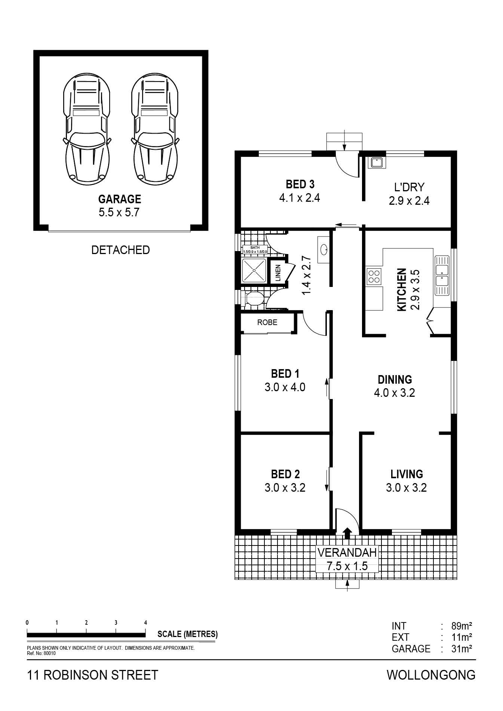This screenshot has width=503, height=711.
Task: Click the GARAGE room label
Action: coord(120,199)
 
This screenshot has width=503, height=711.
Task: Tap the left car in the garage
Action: coord(87,130)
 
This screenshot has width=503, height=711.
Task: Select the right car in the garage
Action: coord(155,130)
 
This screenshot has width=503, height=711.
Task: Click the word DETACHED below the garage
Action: coord(120,250)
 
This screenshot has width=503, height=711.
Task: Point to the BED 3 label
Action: coord(300,184)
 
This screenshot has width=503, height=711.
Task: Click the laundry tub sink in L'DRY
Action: coord(377,163)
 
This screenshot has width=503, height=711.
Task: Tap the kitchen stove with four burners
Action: coord(374,276)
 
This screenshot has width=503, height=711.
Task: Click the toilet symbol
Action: coord(254,299)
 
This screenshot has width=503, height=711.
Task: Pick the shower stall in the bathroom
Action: coord(254,270)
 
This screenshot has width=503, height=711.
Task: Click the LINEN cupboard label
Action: coord(278,273)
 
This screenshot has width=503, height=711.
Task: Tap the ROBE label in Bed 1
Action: coord(267,322)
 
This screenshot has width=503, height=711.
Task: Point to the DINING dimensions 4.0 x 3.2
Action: coord(395,393)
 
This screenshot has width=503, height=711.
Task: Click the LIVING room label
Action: coord(407,474)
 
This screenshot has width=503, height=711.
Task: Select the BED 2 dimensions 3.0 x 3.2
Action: coord(285,488)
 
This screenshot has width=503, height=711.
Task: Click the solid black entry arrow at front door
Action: coord(347,533)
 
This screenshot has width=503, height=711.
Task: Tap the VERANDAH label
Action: coord(347,552)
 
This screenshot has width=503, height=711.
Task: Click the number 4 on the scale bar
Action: coord(145,622)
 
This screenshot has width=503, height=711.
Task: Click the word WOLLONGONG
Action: coord(431,675)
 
